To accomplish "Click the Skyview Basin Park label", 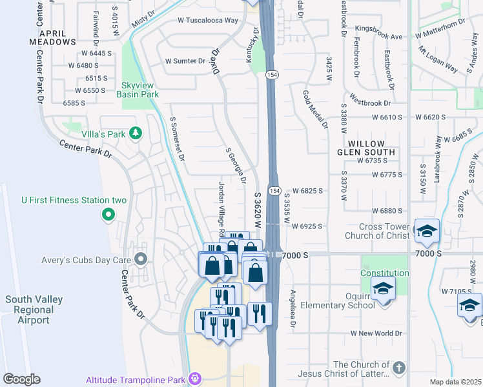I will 138,89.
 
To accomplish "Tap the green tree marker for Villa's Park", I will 135,133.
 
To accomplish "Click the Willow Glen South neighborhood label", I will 371,148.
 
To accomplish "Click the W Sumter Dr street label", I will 185,61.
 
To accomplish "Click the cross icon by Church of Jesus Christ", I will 398,368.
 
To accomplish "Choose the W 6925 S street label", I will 307,226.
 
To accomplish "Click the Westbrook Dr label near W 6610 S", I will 370,102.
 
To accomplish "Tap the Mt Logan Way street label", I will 438,59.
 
